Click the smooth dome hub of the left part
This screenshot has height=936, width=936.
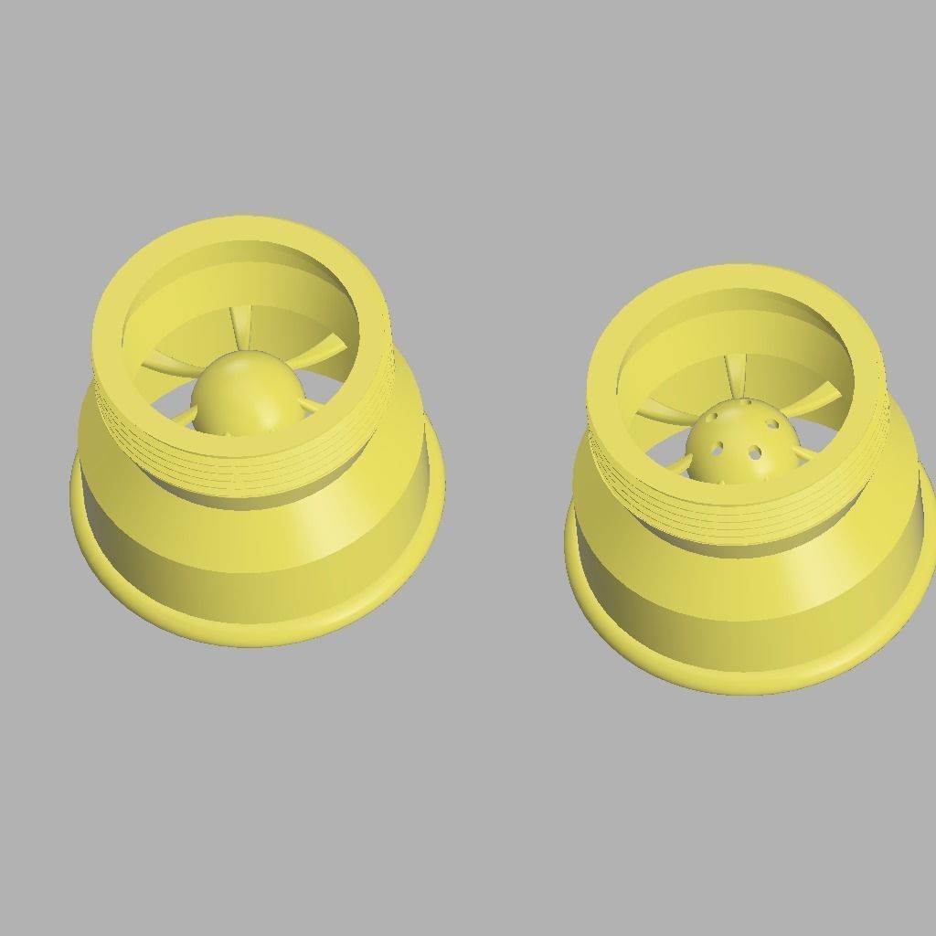pos(247,393)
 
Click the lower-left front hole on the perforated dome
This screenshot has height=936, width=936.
pos(718,449)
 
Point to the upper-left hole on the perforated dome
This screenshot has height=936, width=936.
pos(712,420)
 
